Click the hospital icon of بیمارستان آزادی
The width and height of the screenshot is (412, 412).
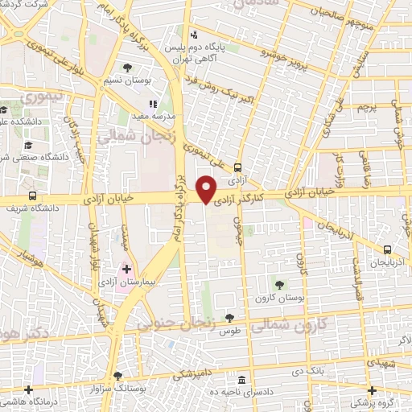pyautogui.click(x=126, y=267)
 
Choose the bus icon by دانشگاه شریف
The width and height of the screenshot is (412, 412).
pyautogui.click(x=32, y=196)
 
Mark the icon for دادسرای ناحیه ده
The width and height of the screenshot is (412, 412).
pyautogui.click(x=242, y=380)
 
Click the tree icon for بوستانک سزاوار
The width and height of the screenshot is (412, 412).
pyautogui.click(x=118, y=376)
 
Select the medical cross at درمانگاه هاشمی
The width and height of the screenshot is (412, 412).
pyautogui.click(x=29, y=390)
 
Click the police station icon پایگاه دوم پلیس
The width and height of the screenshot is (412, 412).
pyautogui.click(x=193, y=35)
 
